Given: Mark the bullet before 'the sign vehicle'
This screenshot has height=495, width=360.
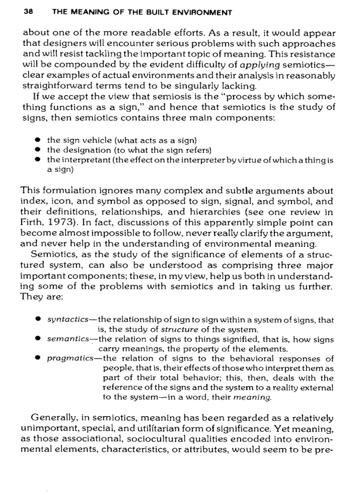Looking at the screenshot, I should pyautogui.click(x=38, y=140).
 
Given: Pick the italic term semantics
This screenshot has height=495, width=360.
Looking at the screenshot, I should pyautogui.click(x=65, y=339).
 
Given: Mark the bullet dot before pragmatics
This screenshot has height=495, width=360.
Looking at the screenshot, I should pyautogui.click(x=38, y=359).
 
